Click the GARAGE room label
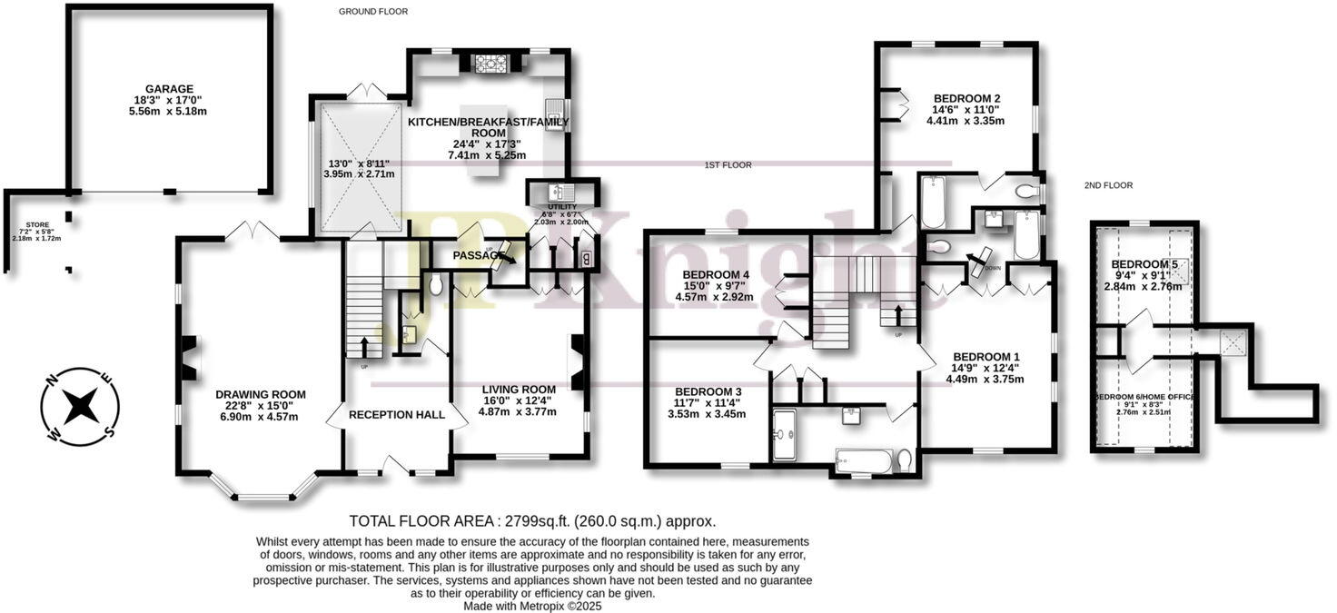pyautogui.click(x=169, y=89)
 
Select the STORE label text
pyautogui.click(x=36, y=223)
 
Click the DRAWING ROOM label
pyautogui.click(x=261, y=394)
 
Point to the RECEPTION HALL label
pyautogui.click(x=397, y=415)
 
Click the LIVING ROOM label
pyautogui.click(x=519, y=389)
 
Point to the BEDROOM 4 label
pyautogui.click(x=716, y=274)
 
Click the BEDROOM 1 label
pyautogui.click(x=985, y=356)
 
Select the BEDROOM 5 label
pyautogui.click(x=1144, y=264)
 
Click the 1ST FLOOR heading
pyautogui.click(x=728, y=165)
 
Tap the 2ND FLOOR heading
pyautogui.click(x=1108, y=185)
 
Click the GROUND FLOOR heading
pyautogui.click(x=373, y=12)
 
